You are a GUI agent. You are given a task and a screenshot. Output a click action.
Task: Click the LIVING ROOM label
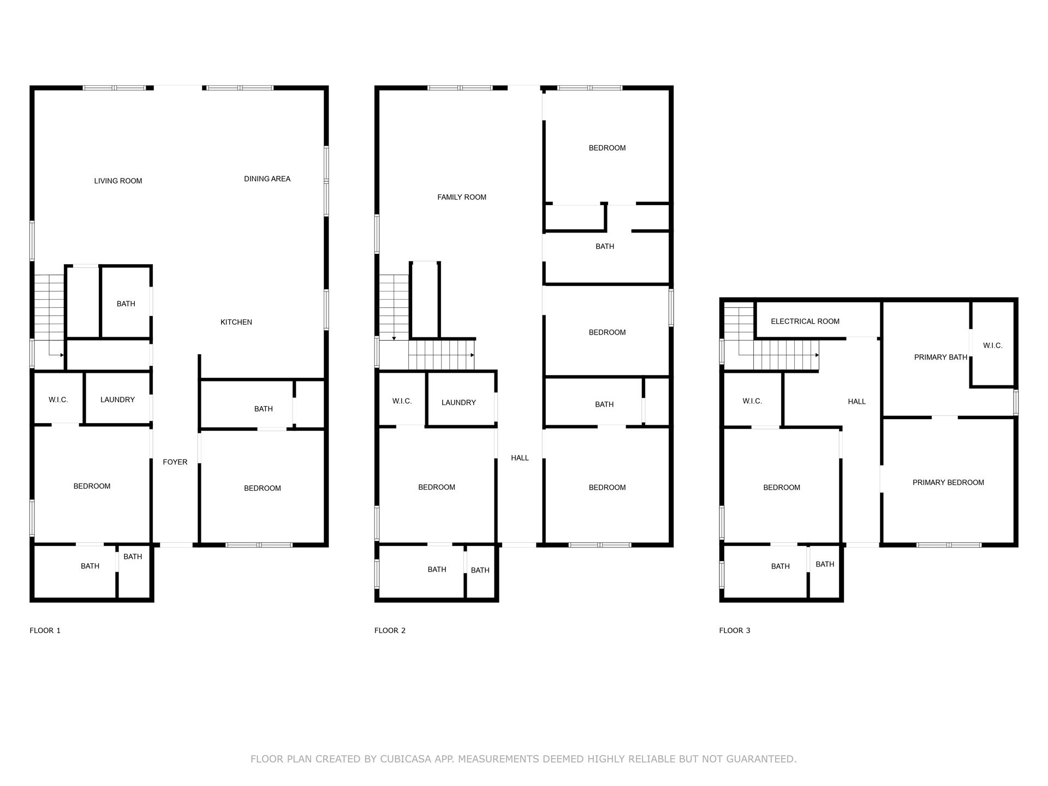118,181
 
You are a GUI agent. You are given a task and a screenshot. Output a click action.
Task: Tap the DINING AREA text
267,178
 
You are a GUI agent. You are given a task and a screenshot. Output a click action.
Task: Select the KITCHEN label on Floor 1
236,322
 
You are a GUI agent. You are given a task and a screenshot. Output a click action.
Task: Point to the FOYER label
175,462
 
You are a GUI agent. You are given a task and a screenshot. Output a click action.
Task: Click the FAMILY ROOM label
461,197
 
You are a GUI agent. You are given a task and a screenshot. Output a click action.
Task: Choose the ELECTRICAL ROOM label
805,321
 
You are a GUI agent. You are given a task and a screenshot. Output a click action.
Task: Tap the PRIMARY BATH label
940,357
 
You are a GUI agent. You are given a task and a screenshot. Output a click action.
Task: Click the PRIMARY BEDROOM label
948,482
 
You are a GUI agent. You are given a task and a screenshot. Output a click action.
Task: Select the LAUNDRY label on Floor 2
458,402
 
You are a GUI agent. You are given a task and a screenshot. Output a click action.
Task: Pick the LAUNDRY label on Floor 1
117,400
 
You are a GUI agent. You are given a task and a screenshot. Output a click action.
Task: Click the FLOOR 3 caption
734,630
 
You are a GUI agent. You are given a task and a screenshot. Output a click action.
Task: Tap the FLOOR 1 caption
45,630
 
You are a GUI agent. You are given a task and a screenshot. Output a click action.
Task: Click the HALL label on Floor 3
856,401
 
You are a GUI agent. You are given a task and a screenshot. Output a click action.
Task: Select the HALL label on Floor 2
520,458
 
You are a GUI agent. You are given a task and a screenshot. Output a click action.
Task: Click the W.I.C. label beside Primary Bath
992,346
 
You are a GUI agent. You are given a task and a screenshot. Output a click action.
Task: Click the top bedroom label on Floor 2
607,148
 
